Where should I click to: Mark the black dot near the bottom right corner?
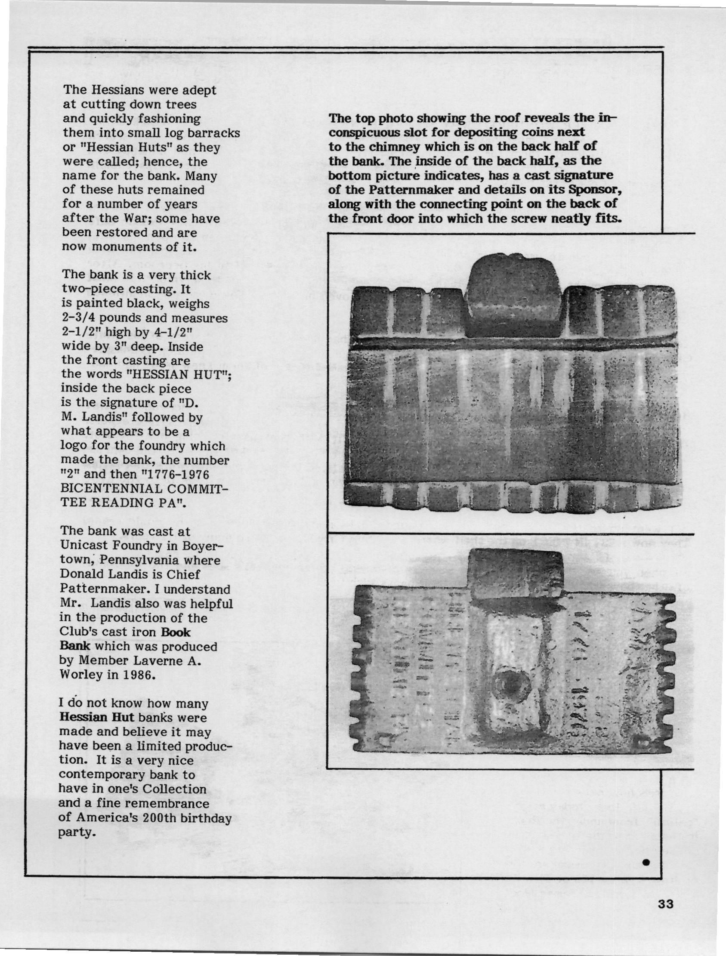click(646, 848)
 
